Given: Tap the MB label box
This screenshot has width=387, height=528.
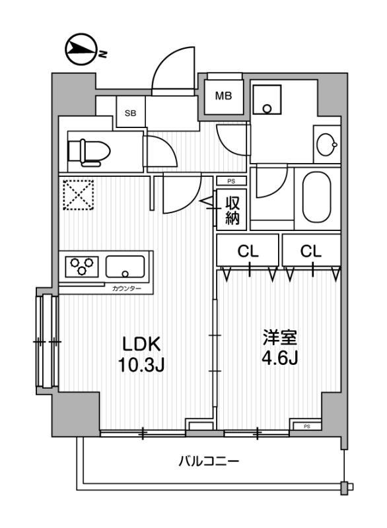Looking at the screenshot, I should tap(223, 96).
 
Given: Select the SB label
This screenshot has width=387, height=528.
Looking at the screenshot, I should tap(130, 112).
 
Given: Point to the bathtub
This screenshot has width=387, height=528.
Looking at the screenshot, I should tap(318, 197).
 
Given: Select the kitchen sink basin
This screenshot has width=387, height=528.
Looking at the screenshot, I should tap(126, 267).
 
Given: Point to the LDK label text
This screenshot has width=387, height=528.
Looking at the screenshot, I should tap(141, 345).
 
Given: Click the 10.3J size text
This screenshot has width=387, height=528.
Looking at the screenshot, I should tap(141, 364).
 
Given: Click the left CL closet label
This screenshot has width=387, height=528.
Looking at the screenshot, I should tap(248, 251).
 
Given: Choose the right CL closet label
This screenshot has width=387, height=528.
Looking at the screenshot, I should tap(310, 251).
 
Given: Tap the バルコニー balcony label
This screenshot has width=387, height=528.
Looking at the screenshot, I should tap(208, 461).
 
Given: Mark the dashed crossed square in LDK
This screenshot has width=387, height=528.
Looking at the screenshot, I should tap(79, 195).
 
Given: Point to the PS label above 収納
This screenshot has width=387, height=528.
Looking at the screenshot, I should tap(230, 181).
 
